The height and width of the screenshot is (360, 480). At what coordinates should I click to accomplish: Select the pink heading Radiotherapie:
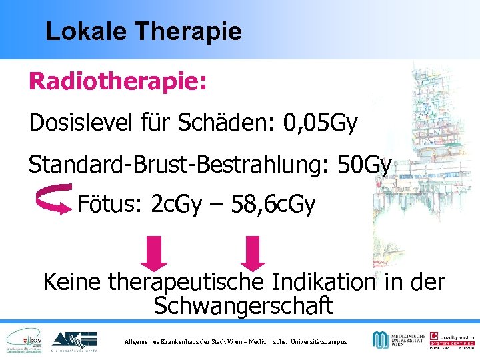click(117, 82)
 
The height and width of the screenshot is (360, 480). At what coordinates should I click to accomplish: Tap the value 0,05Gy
click(321, 123)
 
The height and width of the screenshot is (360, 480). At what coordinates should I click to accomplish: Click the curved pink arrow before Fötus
click(53, 199)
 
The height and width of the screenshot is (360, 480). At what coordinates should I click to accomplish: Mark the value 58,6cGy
click(273, 204)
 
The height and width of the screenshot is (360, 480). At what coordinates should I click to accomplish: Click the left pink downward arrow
click(161, 253)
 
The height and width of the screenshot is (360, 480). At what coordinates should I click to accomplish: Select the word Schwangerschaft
click(243, 306)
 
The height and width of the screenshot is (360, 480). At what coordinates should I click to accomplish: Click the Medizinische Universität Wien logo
click(397, 340)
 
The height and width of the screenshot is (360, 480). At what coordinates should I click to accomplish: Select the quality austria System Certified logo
click(451, 340)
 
